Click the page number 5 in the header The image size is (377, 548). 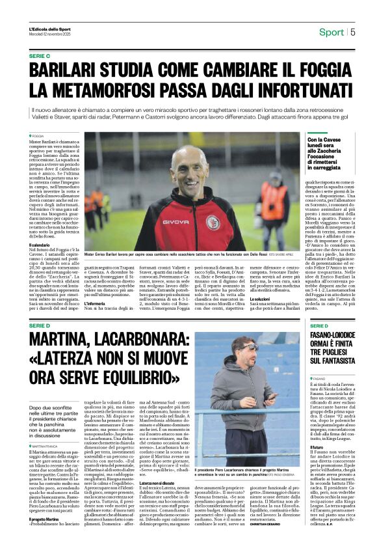pyautogui.click(x=353, y=32)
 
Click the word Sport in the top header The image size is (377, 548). pyautogui.click(x=331, y=32)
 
